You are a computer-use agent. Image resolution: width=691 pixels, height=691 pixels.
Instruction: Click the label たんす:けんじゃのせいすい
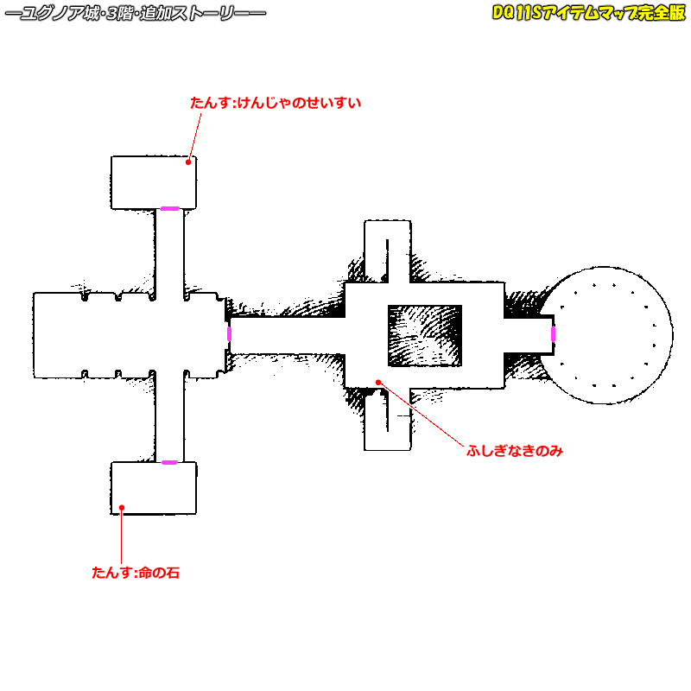click(x=275, y=103)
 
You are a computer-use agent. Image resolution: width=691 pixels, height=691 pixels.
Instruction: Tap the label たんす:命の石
click(x=136, y=572)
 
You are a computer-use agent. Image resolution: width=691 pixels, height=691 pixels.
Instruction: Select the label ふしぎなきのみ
click(x=514, y=451)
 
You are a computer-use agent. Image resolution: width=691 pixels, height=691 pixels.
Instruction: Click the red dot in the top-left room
click(x=188, y=161)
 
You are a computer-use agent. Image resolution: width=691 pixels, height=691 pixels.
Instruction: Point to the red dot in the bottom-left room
click(x=123, y=507)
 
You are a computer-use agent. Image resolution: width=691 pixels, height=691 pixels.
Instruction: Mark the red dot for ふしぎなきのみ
click(x=377, y=381)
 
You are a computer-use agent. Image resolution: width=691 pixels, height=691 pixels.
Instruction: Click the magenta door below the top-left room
click(x=169, y=208)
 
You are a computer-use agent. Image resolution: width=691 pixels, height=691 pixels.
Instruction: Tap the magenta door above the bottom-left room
click(x=169, y=462)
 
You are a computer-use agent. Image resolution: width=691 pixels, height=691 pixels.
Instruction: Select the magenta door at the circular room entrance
click(x=553, y=333)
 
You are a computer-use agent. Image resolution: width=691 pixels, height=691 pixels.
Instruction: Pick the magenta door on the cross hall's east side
click(x=229, y=333)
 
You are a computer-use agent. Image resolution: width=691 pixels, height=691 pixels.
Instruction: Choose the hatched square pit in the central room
click(x=424, y=333)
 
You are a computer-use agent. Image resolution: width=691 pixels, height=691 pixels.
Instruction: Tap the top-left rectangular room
click(x=154, y=181)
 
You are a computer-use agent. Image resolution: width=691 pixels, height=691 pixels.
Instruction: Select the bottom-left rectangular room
click(x=154, y=488)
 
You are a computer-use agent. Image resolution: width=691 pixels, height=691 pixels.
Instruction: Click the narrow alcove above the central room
click(x=386, y=250)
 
